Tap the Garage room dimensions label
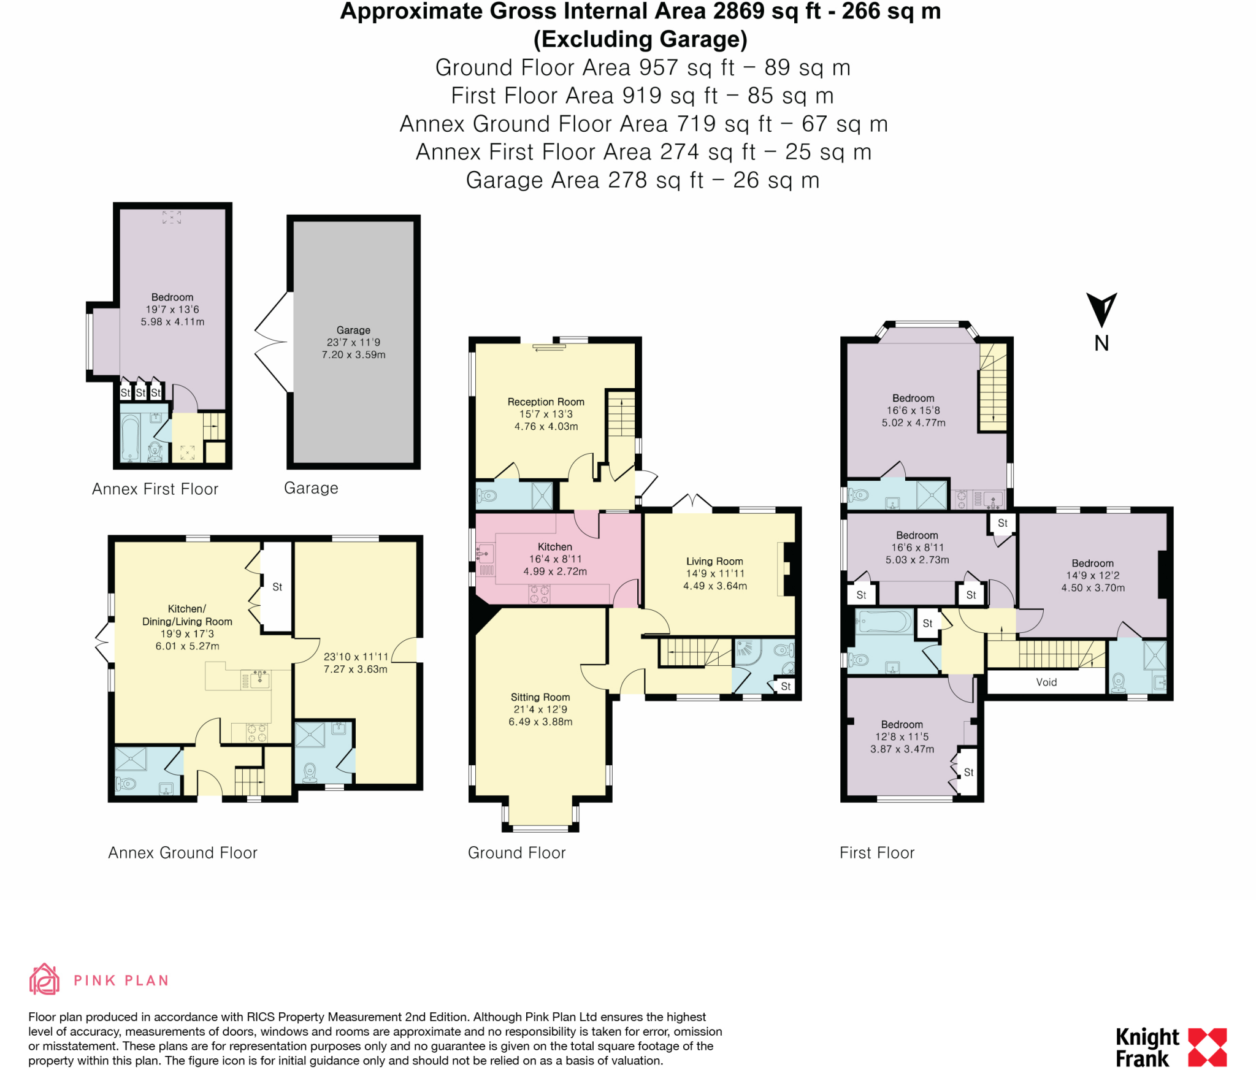[353, 343]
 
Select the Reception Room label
[546, 402]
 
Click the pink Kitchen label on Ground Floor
[554, 547]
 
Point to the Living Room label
[714, 562]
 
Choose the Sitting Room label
[540, 697]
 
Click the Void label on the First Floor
[1046, 682]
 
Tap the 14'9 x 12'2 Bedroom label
[1092, 576]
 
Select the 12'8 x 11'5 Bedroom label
[902, 737]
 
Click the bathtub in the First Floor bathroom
[885, 622]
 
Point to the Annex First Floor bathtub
[130, 438]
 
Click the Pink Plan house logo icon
[44, 979]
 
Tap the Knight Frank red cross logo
[1207, 1047]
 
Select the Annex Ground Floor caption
[183, 853]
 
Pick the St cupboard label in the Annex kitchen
[277, 587]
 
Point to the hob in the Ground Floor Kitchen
[539, 594]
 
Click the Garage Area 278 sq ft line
[642, 180]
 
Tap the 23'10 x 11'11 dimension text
[356, 657]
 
